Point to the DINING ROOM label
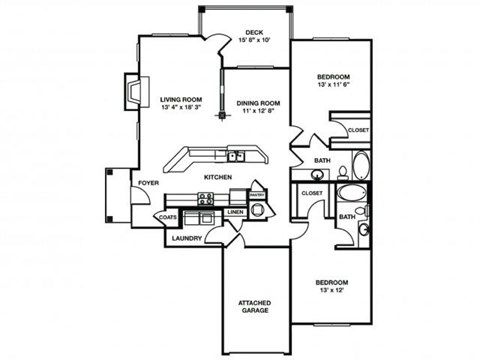257,103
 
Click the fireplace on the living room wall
130,93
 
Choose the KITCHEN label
218,177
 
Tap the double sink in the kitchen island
237,155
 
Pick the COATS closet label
167,217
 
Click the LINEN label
235,212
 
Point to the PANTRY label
256,196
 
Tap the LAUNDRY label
187,239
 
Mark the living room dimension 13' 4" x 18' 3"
180,109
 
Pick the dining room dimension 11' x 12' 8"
257,112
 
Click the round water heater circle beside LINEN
257,210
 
